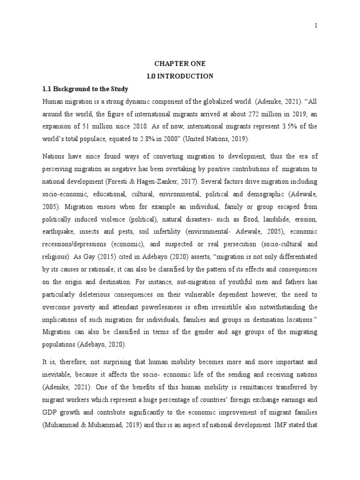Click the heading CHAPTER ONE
[180, 63]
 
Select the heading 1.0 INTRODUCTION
[180, 76]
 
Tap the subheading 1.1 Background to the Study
[85, 89]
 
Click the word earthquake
[58, 232]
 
